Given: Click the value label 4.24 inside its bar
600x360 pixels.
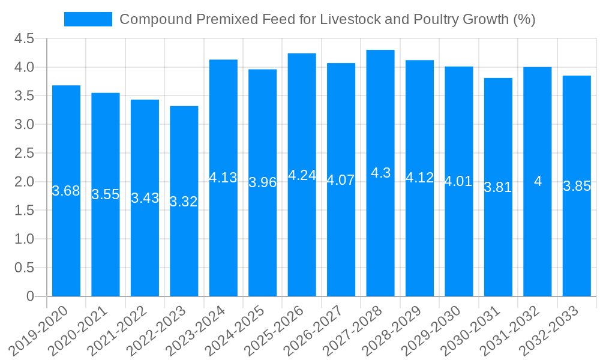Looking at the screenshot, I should tap(302, 175).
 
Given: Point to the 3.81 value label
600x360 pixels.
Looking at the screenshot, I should tap(498, 187).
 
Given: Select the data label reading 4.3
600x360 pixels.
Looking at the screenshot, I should tap(380, 173).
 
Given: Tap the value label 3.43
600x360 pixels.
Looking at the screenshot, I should tap(145, 198).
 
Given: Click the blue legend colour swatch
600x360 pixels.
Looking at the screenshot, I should tap(88, 19).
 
